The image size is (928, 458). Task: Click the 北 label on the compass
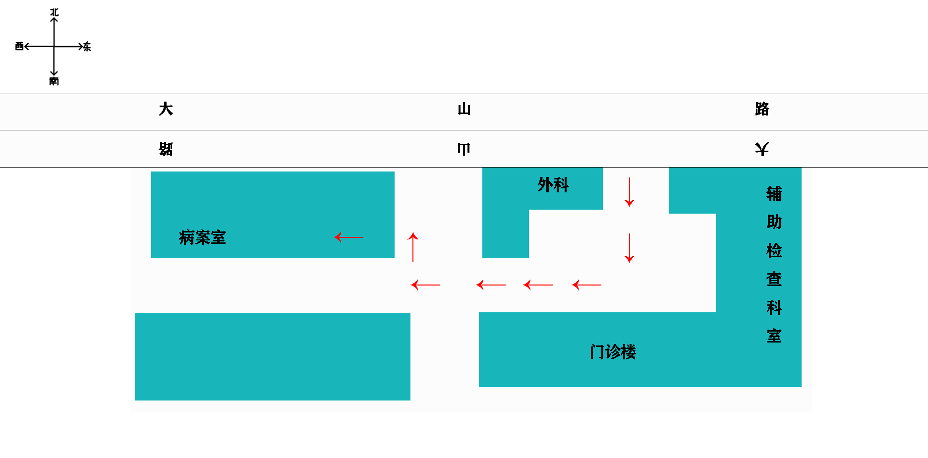(55, 12)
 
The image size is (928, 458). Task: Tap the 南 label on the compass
(54, 81)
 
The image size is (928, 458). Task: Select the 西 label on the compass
(19, 46)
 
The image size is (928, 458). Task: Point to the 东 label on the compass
(87, 47)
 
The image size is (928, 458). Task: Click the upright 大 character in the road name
(166, 109)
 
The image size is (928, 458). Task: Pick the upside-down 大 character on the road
(762, 149)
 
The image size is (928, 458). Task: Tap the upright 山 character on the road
(464, 109)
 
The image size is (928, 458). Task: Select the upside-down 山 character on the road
(464, 149)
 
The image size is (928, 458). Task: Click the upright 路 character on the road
(762, 109)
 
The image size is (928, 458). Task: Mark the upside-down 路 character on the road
(166, 149)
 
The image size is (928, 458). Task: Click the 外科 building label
(553, 185)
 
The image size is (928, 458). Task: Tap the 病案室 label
(202, 237)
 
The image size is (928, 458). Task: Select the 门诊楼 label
(613, 352)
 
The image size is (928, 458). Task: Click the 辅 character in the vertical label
(774, 193)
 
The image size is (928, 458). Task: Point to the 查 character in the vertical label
(774, 279)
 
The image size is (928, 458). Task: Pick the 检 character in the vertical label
(774, 250)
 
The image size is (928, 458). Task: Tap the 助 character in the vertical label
(774, 222)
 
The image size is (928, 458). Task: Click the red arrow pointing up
(413, 247)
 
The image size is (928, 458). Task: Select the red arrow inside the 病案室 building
(349, 237)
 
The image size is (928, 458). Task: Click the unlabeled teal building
(273, 357)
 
